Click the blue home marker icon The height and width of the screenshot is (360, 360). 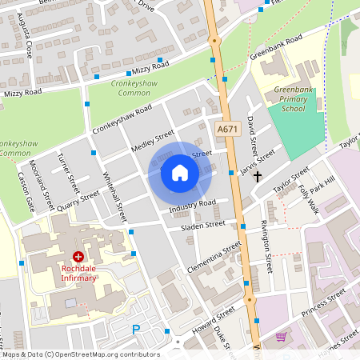[x=180, y=172]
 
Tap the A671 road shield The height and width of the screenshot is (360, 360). [x=228, y=128]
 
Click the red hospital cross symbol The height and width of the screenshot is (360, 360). [x=78, y=257]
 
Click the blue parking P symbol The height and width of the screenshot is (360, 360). [x=136, y=329]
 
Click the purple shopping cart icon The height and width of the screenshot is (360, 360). [x=281, y=337]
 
